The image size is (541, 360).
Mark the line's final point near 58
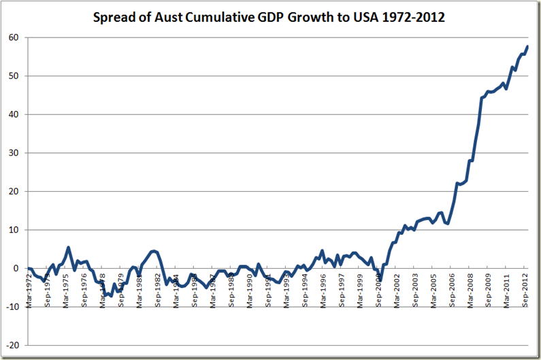tap(527, 46)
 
